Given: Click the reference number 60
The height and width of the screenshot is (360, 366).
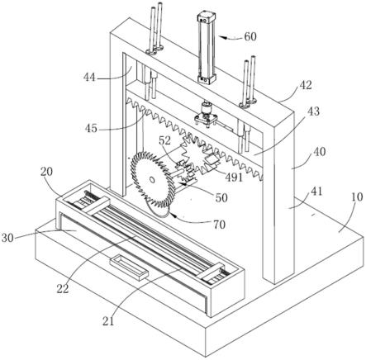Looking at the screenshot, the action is click(250, 36).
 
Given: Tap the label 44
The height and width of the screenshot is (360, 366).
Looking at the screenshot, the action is click(90, 78).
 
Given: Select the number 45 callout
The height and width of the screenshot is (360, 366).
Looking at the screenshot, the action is click(91, 128).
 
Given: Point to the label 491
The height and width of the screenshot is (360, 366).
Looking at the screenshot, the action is click(234, 178).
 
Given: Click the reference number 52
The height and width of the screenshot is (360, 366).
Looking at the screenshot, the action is click(164, 140).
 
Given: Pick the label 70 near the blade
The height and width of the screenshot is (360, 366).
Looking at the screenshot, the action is click(219, 225).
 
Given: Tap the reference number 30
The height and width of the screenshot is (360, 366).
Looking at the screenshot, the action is click(7, 238).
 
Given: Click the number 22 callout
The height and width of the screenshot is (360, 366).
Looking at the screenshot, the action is click(63, 289).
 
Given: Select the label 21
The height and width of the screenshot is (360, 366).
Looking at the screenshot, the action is click(108, 321).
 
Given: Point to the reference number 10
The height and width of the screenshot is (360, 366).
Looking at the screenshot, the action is click(357, 197).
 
